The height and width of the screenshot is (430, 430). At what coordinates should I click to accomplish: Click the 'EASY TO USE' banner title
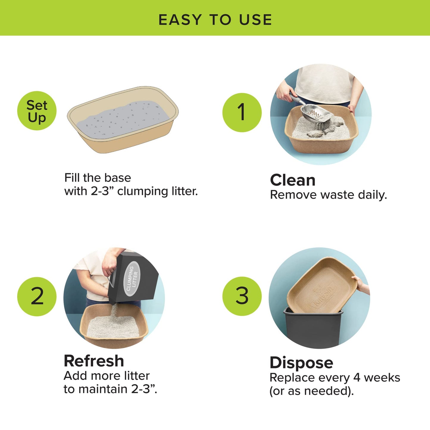[x=215, y=20]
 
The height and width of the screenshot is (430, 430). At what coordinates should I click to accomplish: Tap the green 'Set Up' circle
[x=37, y=111]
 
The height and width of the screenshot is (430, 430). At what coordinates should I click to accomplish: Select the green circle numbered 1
[x=242, y=112]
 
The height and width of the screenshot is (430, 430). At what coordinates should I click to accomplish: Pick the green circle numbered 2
[x=37, y=296]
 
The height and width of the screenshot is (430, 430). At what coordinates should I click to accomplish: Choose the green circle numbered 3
[x=242, y=296]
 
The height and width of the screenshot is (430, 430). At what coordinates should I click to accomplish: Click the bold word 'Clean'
[x=293, y=180]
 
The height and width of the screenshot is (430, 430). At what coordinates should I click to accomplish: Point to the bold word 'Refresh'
[x=94, y=361]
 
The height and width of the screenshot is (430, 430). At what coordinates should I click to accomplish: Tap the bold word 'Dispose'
[x=301, y=363]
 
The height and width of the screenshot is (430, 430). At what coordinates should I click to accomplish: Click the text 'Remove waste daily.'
[x=328, y=195]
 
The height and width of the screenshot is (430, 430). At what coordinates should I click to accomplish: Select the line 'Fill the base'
[x=98, y=178]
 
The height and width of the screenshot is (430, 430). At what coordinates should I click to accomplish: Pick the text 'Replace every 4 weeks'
[x=334, y=378]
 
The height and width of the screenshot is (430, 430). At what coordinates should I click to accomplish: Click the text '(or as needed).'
[x=312, y=391]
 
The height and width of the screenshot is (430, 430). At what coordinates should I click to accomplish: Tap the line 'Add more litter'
[x=107, y=376]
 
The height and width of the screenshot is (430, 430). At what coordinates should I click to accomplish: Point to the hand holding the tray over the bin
[x=362, y=284]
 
